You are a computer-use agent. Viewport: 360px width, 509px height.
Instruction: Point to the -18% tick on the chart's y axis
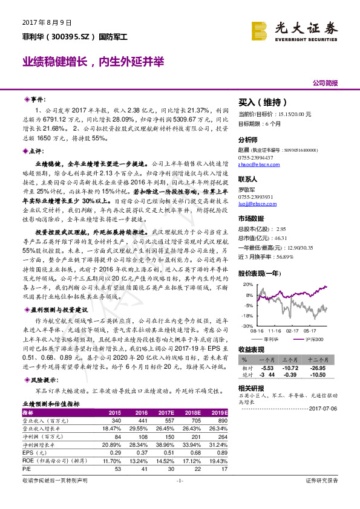click(248, 315)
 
